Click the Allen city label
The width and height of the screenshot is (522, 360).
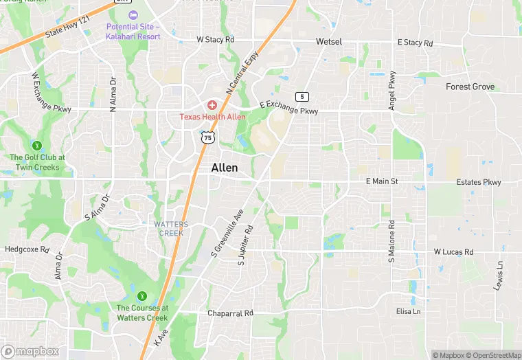point(225,168)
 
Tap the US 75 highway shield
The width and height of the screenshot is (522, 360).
point(206,137)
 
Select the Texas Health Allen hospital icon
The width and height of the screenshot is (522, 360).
point(212,105)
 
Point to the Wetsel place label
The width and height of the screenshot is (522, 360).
point(329,42)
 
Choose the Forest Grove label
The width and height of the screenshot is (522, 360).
point(470,87)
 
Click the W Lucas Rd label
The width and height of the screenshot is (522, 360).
point(453,252)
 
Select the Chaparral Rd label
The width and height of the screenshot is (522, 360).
point(231,313)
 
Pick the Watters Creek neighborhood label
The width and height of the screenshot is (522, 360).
point(169,229)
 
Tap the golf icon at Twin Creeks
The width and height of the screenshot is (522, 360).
point(37,145)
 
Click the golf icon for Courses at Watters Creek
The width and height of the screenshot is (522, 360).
point(142,296)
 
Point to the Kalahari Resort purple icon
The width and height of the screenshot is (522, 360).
point(133,14)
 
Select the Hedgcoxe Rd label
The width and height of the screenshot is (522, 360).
point(27,249)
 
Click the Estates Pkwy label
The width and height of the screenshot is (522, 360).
point(479,183)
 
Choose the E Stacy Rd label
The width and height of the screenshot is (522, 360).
point(416,43)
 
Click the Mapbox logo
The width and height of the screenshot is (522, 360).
point(30,351)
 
